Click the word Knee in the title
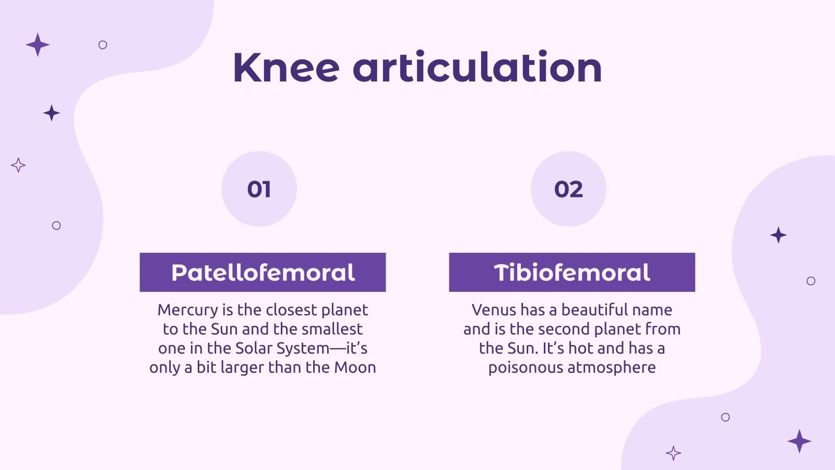286,68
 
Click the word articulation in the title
478,68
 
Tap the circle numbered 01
259,189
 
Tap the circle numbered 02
568,189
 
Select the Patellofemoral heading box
263,272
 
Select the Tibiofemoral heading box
572,272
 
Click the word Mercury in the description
188,310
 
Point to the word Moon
355,367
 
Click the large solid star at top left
38,44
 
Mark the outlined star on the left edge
18,165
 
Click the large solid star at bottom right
799,441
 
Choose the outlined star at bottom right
674,453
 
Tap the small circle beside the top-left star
103,45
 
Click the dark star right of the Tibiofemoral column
778,235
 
